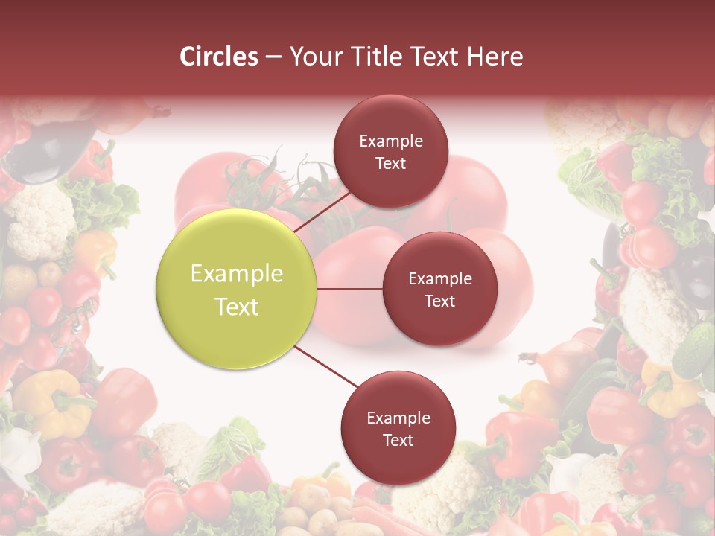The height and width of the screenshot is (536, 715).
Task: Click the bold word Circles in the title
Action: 219,57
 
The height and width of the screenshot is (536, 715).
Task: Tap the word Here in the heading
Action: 495,57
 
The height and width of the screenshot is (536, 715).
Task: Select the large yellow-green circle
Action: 237,290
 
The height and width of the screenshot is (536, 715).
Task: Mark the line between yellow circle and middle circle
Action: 350,289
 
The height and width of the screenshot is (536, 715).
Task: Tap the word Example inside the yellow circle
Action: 237,274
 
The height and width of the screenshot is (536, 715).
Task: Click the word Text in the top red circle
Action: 390,163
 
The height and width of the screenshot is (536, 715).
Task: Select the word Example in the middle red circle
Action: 439,279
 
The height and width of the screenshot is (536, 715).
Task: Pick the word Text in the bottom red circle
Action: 398,440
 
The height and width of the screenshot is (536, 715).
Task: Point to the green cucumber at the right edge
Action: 694,350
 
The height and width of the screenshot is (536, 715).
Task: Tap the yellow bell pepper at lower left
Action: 52,402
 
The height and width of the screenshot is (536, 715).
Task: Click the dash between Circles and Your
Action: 273,57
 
